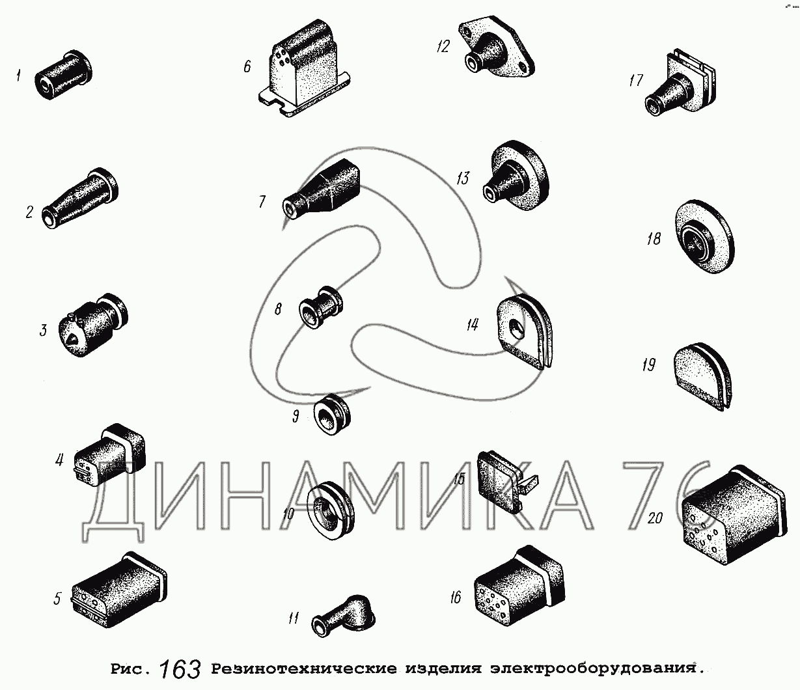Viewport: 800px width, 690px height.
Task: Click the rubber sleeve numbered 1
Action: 63,75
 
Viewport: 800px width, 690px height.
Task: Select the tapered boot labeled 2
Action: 79,199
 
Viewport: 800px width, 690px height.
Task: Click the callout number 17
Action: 635,81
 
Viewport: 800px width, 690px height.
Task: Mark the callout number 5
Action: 57,599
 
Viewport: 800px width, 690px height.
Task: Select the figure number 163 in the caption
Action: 180,669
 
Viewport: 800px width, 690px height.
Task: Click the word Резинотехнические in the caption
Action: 304,669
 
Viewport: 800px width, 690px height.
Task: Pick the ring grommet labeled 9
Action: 332,415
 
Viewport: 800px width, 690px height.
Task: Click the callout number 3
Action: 44,330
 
